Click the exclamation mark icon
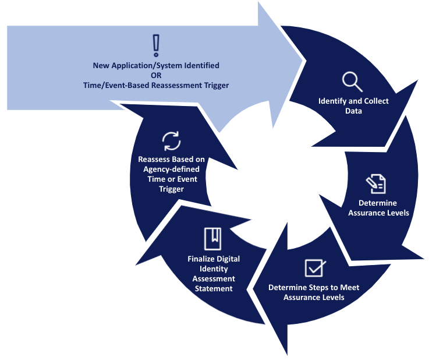point(155,45)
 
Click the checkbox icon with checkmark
point(315,267)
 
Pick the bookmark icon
point(212,238)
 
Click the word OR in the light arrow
point(155,75)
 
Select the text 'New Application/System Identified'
point(155,65)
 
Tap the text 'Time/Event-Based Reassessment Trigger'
point(155,85)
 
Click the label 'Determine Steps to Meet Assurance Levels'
point(314,292)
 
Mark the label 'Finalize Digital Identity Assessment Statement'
point(213,273)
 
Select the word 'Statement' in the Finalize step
point(213,288)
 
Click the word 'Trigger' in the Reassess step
point(171,189)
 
